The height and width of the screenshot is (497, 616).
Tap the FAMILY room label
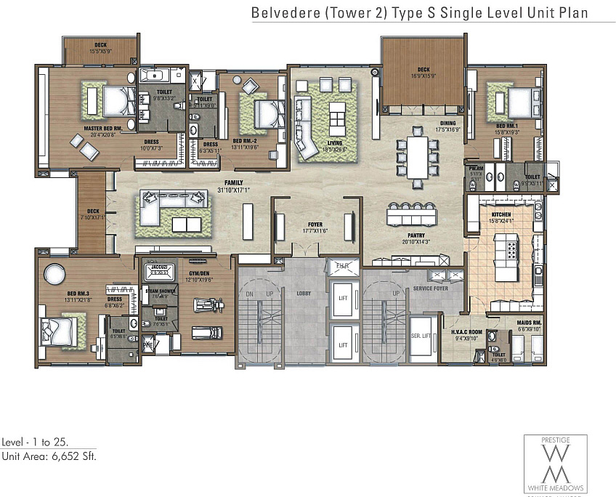tap(233, 182)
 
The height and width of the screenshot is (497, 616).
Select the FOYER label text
tap(315, 225)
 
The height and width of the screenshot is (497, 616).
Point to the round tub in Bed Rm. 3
tap(55, 275)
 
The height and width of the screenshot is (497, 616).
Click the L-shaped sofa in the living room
tap(306, 129)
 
